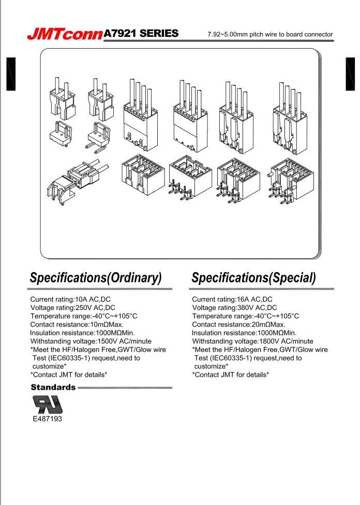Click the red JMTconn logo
coord(65,34)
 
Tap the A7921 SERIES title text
coord(141,34)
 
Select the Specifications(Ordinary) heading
coord(96,278)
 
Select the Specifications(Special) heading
coord(254,278)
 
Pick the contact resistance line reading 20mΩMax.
coord(238,324)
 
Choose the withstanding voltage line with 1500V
coord(91,341)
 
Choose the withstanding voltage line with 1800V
coord(252,341)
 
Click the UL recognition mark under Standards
coord(48,404)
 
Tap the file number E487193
coord(48,419)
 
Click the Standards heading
coord(53,387)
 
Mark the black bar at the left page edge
coord(11,74)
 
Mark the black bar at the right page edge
coord(350,74)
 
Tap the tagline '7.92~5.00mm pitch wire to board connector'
coord(270,34)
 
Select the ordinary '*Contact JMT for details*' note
coord(69,375)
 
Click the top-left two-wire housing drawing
coord(63,98)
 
